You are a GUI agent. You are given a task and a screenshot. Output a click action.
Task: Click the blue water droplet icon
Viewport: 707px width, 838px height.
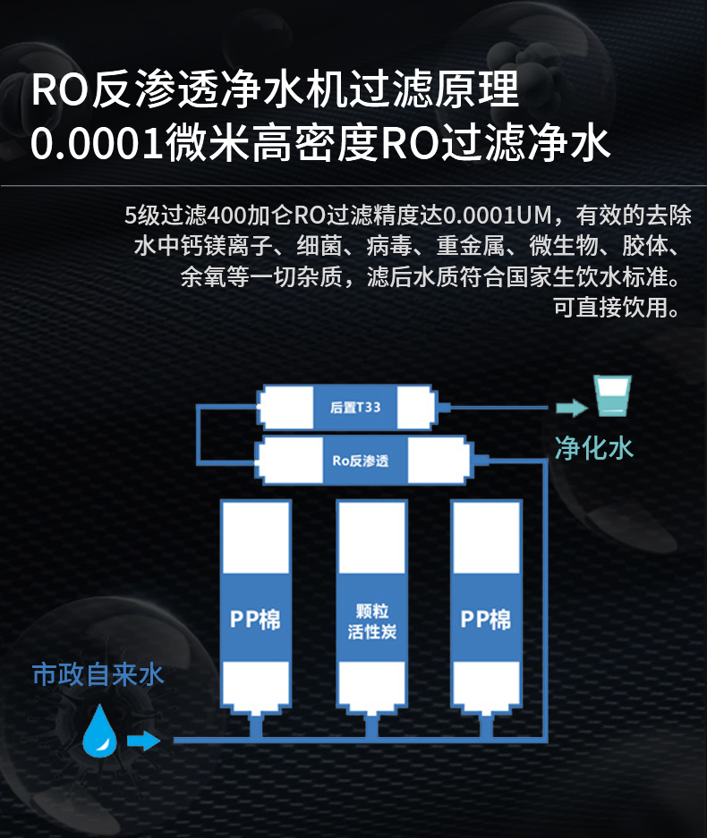coord(100,731)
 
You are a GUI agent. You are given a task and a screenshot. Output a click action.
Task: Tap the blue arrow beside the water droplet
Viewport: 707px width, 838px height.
coord(143,741)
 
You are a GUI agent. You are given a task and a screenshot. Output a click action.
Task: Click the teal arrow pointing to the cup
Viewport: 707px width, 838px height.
coord(571,408)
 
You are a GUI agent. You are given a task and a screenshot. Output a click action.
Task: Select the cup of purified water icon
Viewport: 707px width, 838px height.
coord(612,396)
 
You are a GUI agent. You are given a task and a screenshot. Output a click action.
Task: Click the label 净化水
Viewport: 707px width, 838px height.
coord(594,448)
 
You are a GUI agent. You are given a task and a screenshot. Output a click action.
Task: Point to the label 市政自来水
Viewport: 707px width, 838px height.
coord(98,674)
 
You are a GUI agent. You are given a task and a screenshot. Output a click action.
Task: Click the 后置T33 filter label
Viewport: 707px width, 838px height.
coord(355,407)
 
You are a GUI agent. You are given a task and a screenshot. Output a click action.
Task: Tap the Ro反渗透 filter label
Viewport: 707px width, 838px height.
coord(361,461)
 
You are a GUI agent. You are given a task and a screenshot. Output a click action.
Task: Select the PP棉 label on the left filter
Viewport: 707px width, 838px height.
coord(255,620)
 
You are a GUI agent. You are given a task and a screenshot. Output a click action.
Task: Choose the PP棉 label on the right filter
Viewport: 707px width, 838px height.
coord(486,620)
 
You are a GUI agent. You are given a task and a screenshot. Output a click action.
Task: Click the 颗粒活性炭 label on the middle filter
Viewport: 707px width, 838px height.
coord(371,622)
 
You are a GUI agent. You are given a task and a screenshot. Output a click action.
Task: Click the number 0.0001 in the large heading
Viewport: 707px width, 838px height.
coord(97,144)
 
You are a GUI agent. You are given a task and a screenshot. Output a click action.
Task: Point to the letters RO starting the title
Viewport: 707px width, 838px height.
coord(59,89)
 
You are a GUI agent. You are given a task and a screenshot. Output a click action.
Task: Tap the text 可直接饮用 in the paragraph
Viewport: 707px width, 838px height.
coord(610,308)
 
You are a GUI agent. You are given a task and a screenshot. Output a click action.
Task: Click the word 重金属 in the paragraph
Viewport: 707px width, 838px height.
coord(471,246)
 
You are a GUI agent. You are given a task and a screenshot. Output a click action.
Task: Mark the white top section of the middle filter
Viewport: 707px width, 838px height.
coord(371,537)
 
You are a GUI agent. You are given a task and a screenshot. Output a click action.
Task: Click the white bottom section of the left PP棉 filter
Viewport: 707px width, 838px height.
coord(256,686)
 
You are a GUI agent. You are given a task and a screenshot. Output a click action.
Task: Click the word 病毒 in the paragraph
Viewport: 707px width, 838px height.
coord(389,246)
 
